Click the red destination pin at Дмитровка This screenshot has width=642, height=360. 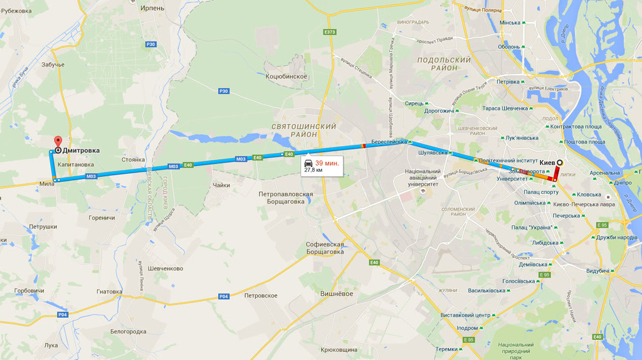click(x=58, y=141)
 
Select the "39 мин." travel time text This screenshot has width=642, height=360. click(x=327, y=163)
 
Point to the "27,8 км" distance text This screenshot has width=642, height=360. click(x=314, y=170)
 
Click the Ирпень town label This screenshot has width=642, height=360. click(x=152, y=8)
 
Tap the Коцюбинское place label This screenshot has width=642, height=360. click(x=286, y=77)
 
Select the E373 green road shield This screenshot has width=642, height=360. click(x=330, y=32)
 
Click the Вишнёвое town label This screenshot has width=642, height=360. click(x=337, y=294)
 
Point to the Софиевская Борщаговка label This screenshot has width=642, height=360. click(x=325, y=248)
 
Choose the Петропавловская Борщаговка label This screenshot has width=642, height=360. click(x=286, y=198)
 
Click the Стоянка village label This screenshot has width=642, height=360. click(x=134, y=160)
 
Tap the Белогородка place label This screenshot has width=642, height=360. click(x=128, y=331)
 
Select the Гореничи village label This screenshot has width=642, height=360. click(x=102, y=218)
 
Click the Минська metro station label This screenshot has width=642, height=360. click(x=510, y=23)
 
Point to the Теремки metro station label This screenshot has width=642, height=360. click(x=447, y=349)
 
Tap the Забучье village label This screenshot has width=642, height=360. click(x=53, y=65)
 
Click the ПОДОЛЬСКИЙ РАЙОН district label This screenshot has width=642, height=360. click(x=444, y=63)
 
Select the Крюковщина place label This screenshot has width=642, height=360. click(x=339, y=349)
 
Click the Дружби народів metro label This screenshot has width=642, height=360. click(x=617, y=237)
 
